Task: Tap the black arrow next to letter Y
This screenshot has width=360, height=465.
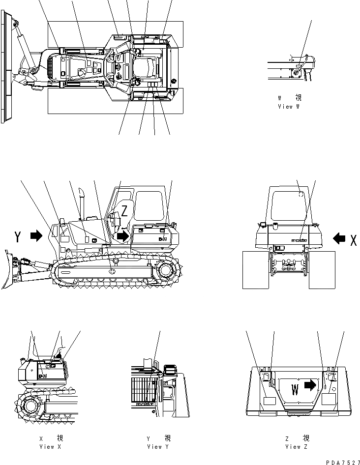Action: pyautogui.click(x=36, y=236)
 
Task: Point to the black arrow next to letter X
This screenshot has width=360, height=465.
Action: pyautogui.click(x=338, y=238)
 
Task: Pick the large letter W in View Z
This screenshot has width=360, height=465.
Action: pyautogui.click(x=295, y=390)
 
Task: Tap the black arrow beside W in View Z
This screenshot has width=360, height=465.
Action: pyautogui.click(x=310, y=385)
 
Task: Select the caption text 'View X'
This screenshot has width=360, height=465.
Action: pyautogui.click(x=50, y=447)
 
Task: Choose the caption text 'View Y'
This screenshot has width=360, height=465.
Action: pyautogui.click(x=158, y=447)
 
